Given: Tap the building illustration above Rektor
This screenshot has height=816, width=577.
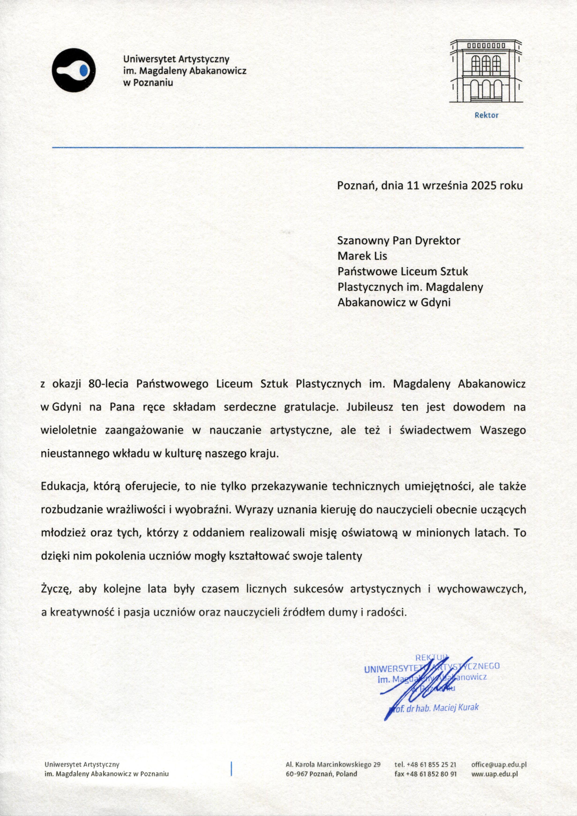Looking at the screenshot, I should [x=486, y=71].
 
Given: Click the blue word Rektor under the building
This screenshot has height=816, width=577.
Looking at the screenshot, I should [x=486, y=116].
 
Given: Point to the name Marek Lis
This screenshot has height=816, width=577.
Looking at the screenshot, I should [x=362, y=256].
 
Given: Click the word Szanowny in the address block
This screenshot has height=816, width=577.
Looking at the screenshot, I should [x=363, y=241].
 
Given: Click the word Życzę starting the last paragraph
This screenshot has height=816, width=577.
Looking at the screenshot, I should [x=57, y=589].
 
